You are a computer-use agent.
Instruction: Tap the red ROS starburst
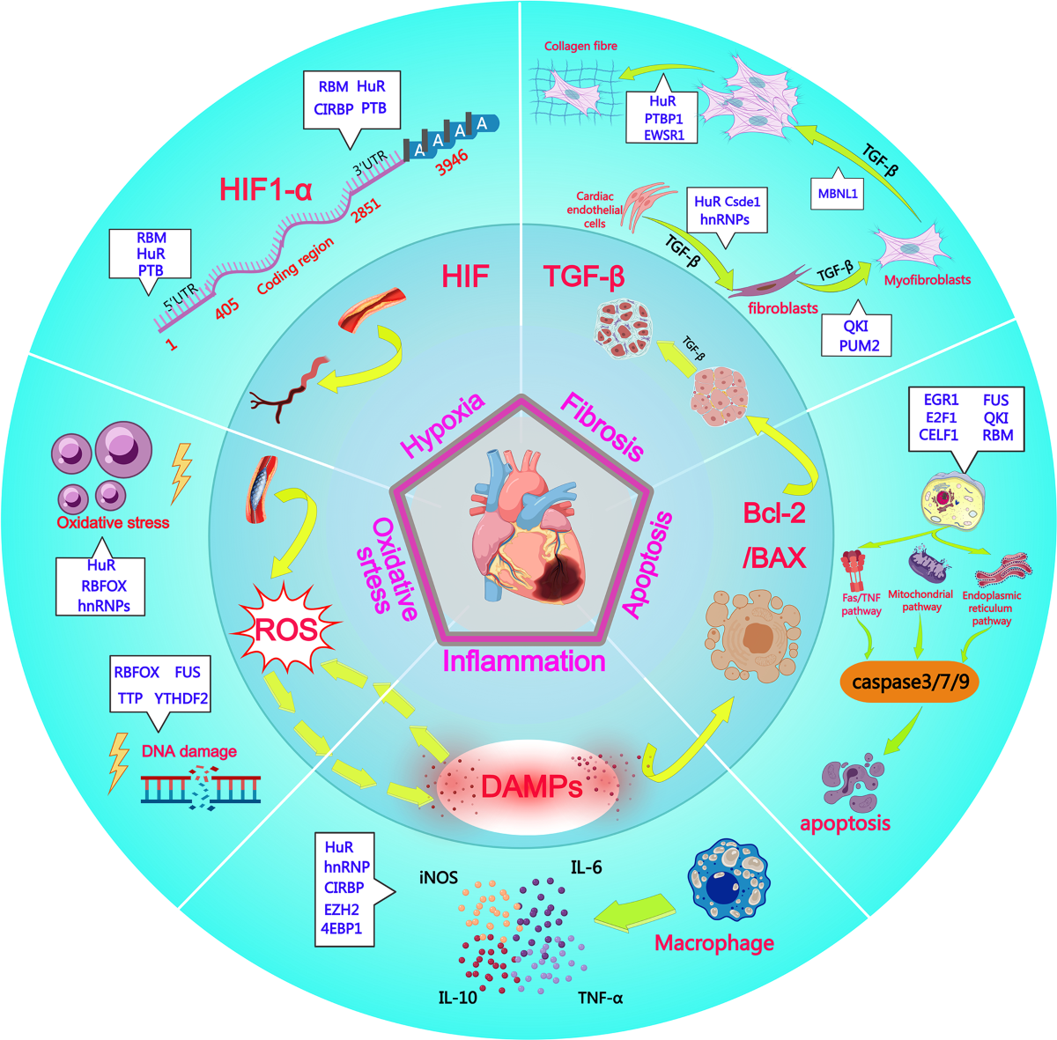tap(284, 630)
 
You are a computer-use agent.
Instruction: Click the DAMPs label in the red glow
tap(531, 786)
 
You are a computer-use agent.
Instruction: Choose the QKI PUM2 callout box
tap(855, 336)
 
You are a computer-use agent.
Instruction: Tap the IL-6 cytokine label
tap(587, 867)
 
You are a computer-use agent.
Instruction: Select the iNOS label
tap(439, 877)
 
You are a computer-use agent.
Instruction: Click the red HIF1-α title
tap(265, 189)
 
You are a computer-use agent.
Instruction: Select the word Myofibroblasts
tap(927, 280)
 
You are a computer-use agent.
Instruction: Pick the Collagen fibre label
tap(580, 46)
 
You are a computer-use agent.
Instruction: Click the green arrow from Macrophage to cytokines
tap(633, 912)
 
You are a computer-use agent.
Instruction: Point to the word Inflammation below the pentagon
tap(524, 661)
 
